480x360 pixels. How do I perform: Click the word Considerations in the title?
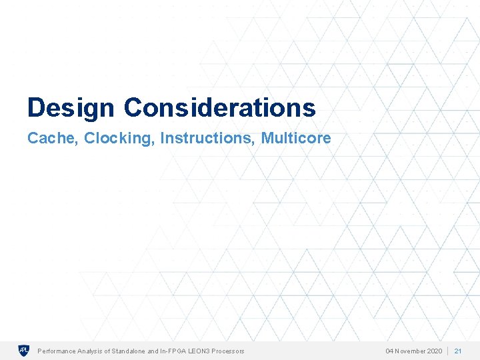click(219, 107)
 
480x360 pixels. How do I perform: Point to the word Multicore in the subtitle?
click(296, 138)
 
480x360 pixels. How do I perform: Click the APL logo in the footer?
click(23, 351)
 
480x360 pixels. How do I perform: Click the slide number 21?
click(458, 351)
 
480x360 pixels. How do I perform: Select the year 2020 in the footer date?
click(433, 351)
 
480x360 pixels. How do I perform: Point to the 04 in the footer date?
click(390, 351)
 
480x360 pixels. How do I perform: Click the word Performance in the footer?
click(56, 351)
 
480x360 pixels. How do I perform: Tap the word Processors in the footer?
click(229, 351)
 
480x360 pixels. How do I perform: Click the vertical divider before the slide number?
click(447, 351)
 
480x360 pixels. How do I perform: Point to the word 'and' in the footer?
click(153, 351)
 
